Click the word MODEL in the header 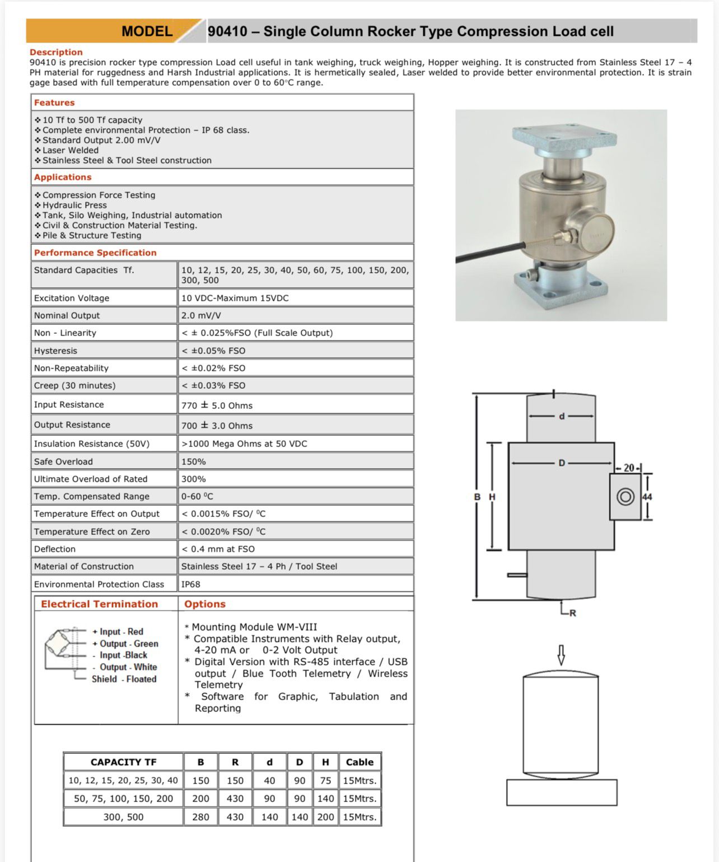[147, 31]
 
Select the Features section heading [54, 102]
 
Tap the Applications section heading [63, 177]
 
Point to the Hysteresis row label [55, 351]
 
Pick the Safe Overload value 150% [194, 462]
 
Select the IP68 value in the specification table [191, 584]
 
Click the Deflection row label [54, 549]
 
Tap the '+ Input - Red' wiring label [118, 631]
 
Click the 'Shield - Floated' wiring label [124, 679]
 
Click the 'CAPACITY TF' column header [123, 762]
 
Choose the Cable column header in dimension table [359, 762]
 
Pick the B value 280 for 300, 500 [200, 817]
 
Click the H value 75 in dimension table [325, 780]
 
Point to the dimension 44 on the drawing [647, 497]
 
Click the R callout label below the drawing [572, 613]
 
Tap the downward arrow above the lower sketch [561, 655]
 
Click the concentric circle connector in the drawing [625, 496]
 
